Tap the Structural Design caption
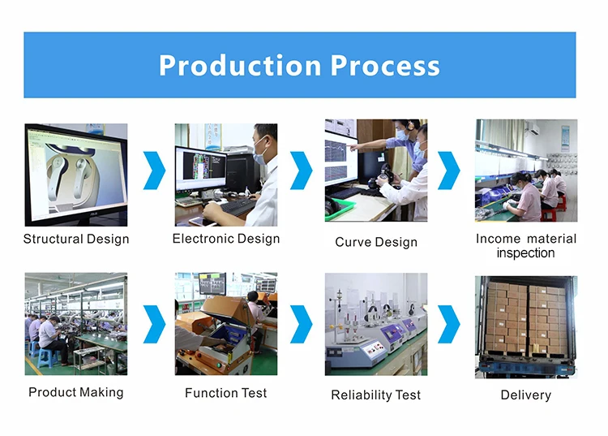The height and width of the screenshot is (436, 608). coord(76,239)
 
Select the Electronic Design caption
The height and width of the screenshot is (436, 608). coord(226,239)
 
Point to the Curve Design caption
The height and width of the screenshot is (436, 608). coord(376,242)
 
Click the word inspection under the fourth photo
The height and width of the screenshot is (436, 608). coord(525,253)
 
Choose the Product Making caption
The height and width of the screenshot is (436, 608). coord(76,392)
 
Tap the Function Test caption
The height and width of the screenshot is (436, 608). coord(226,393)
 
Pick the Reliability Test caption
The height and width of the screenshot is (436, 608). coord(376,395)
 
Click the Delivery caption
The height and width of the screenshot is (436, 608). coord(525,395)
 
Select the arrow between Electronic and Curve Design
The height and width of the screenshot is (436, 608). coord(301,171)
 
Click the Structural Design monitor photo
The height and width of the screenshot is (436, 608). coord(76,175)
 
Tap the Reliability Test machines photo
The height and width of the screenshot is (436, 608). coord(376,324)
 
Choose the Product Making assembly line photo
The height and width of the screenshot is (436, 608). coord(76,324)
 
